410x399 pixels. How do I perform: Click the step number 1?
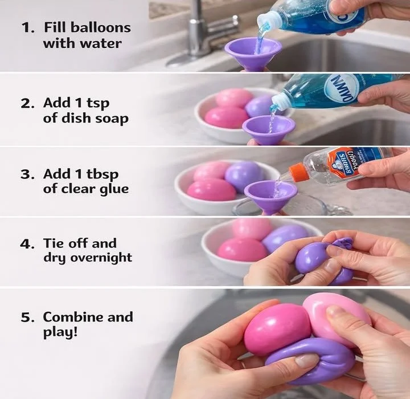click(26, 27)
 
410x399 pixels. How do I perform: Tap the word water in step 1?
click(104, 43)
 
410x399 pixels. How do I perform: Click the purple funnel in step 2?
click(268, 128)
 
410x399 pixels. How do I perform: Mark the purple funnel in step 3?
click(270, 194)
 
